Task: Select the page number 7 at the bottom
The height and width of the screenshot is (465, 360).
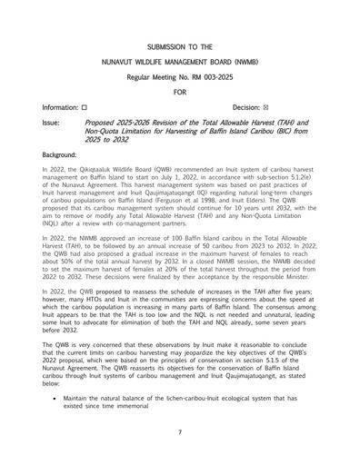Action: click(x=180, y=432)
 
